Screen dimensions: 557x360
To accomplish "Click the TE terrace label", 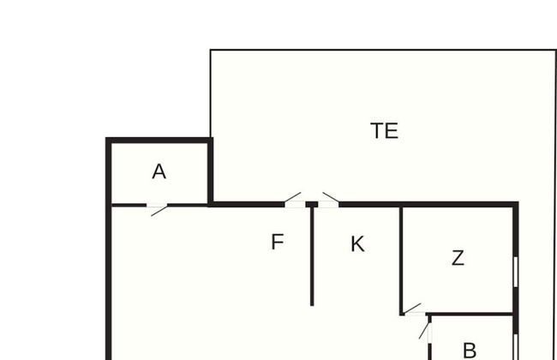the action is (385, 131).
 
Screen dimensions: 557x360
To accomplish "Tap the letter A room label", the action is (159, 171).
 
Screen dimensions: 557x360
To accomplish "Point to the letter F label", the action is (278, 242).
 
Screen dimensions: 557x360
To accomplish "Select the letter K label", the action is (357, 244).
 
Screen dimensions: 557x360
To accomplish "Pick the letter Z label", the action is (458, 258).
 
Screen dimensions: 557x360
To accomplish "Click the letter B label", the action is (470, 351).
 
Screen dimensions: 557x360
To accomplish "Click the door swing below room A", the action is (158, 210).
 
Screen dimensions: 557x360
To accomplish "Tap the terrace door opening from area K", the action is (328, 200).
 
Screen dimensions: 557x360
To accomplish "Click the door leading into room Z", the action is (413, 309).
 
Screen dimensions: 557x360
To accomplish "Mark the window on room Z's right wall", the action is (516, 272).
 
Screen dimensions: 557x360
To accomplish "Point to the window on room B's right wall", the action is (516, 347).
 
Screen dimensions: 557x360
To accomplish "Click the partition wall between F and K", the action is (312, 256).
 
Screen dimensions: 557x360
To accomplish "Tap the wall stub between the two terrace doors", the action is (312, 204).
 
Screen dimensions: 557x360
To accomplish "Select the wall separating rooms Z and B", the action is (470, 315).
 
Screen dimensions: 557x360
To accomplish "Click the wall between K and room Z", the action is (401, 261).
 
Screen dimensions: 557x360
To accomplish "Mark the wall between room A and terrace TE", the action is (210, 171).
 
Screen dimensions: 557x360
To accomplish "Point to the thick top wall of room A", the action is (159, 141).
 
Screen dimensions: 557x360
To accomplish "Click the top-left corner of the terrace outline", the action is (210, 50).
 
